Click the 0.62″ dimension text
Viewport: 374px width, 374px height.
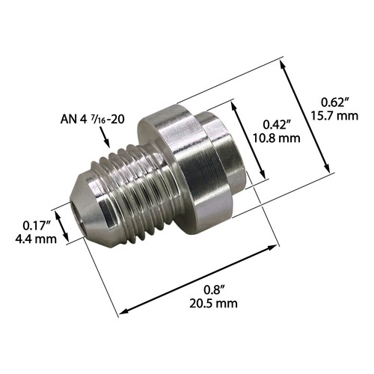pyautogui.click(x=334, y=102)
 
